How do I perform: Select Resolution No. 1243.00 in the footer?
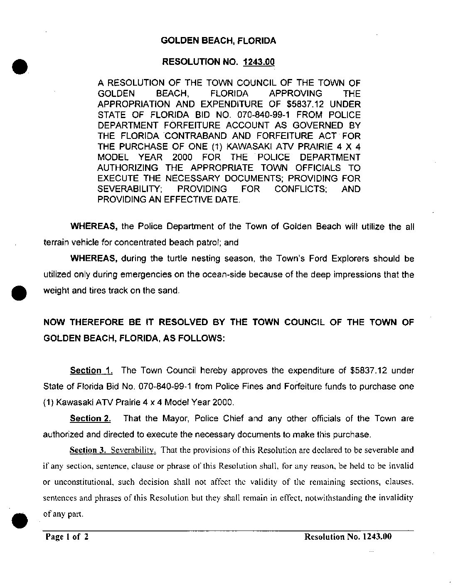point(348,537)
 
